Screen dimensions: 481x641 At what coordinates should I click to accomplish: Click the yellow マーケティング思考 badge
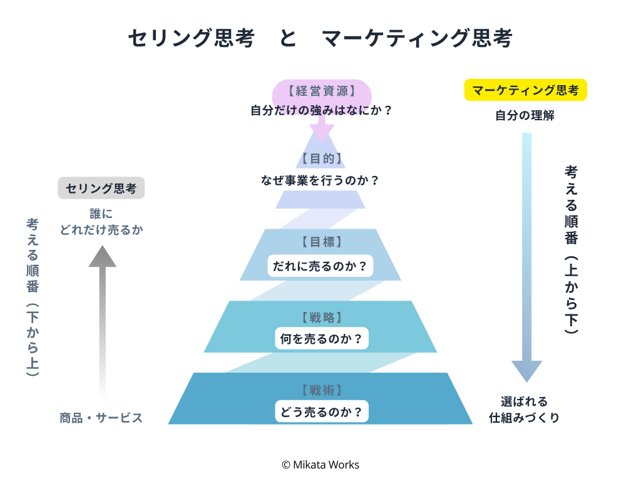pyautogui.click(x=525, y=90)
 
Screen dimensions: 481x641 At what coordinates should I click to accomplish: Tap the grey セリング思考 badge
pyautogui.click(x=101, y=189)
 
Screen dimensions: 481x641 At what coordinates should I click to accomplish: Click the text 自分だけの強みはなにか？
pyautogui.click(x=321, y=111)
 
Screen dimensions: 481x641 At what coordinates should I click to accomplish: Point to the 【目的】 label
pyautogui.click(x=321, y=158)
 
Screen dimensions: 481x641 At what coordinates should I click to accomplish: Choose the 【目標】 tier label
pyautogui.click(x=321, y=242)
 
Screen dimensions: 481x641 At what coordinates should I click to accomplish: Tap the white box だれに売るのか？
pyautogui.click(x=320, y=266)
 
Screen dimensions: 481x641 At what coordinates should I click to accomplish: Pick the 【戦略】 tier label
pyautogui.click(x=321, y=318)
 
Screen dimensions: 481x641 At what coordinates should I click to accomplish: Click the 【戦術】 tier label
pyautogui.click(x=321, y=391)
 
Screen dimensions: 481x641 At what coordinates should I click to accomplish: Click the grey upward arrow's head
pyautogui.click(x=102, y=256)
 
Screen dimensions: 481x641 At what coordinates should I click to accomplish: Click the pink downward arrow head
pyautogui.click(x=322, y=133)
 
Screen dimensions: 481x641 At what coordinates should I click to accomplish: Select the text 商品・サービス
pyautogui.click(x=101, y=418)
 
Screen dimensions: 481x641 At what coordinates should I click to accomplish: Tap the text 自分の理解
pyautogui.click(x=525, y=116)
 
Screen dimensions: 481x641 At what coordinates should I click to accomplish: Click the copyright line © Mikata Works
pyautogui.click(x=320, y=465)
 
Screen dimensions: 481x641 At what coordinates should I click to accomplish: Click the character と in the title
pyautogui.click(x=288, y=39)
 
